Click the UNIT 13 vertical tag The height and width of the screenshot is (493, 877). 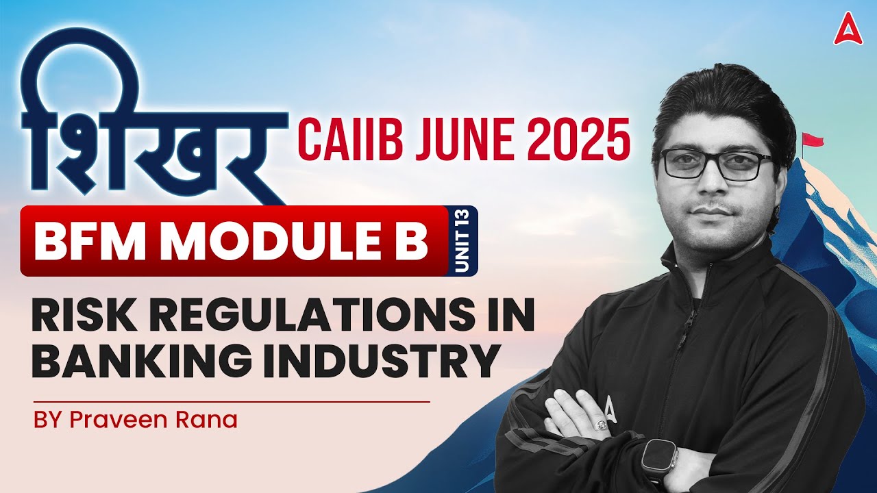pyautogui.click(x=462, y=241)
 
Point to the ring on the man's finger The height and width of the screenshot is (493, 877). pyautogui.click(x=602, y=425)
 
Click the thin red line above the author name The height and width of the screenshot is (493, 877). pyautogui.click(x=230, y=401)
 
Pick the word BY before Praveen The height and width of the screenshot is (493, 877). pyautogui.click(x=47, y=419)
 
